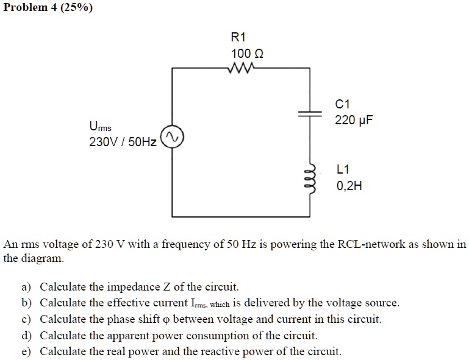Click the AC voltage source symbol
coord(171,138)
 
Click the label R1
coord(238,37)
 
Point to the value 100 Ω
coord(247,54)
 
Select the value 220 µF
coord(353,120)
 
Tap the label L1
coord(343,169)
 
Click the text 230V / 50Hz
coord(123,143)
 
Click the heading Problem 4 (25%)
coord(48,8)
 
